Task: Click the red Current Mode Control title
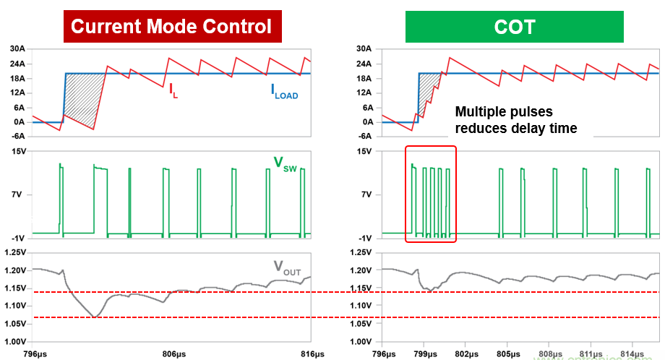pos(171,27)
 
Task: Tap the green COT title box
pos(514,27)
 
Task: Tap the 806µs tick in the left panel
pos(172,354)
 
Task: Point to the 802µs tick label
pos(466,354)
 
